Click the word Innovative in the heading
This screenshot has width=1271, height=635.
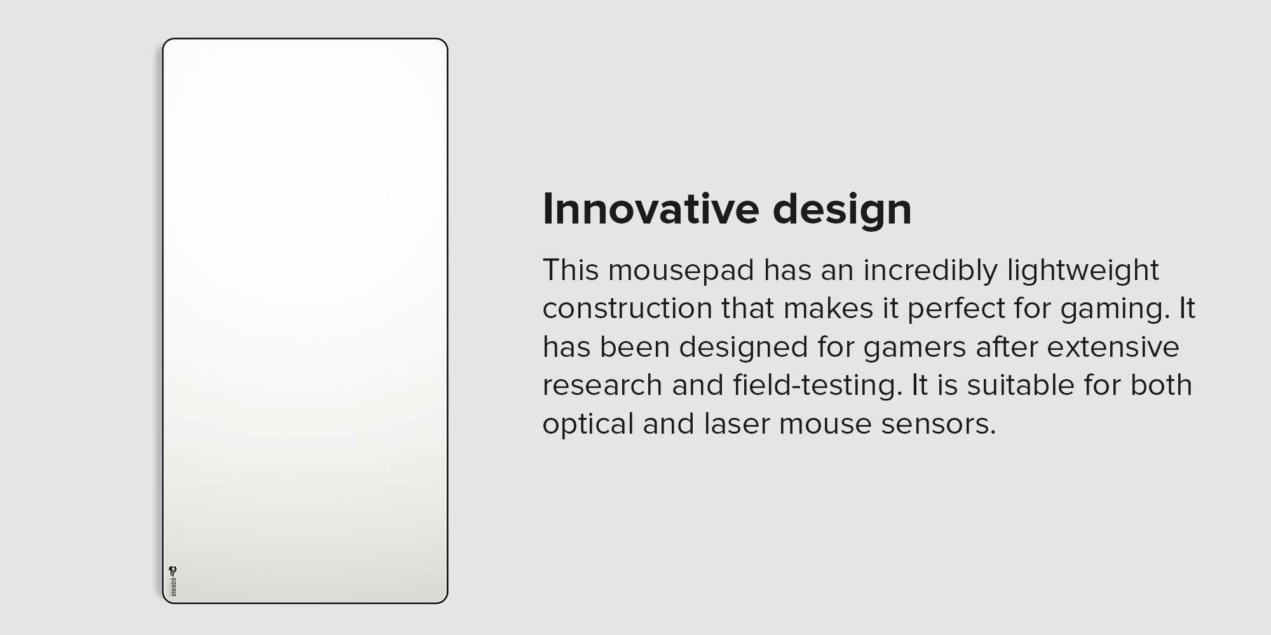651,208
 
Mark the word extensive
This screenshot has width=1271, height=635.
1113,347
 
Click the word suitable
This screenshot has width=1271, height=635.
1011,385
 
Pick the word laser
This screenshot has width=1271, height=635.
737,424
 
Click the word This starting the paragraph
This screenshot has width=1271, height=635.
571,271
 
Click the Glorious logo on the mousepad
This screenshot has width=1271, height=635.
172,582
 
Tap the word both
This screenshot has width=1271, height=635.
1161,385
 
